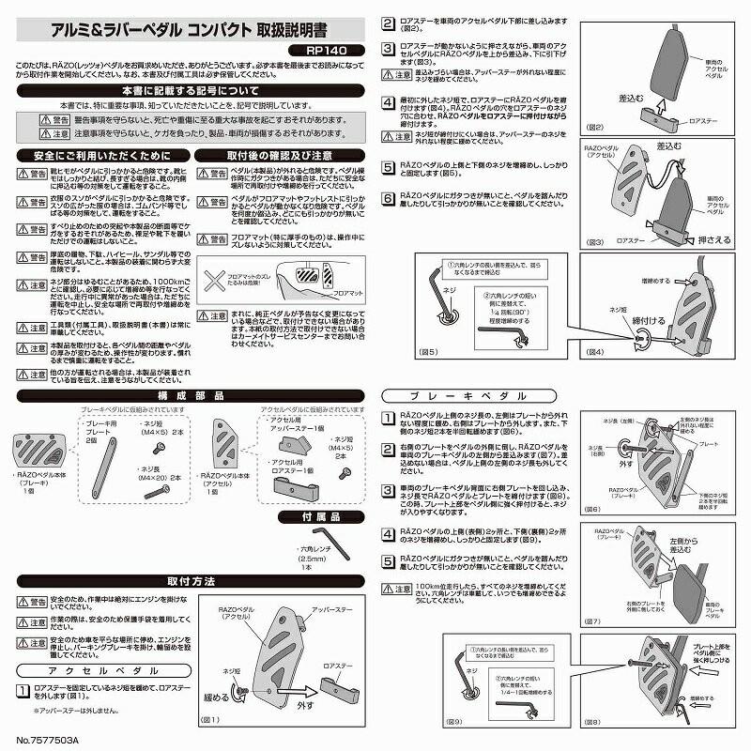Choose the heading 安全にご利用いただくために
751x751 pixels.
pos(101,155)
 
